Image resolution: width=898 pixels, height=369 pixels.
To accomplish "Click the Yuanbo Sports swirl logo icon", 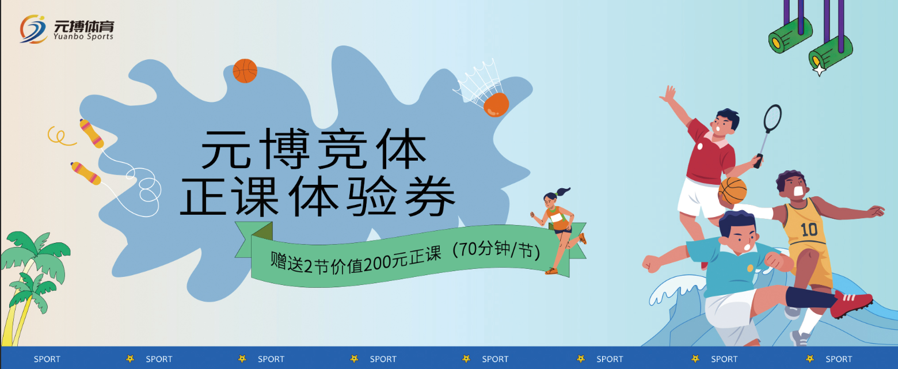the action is click(x=33, y=29).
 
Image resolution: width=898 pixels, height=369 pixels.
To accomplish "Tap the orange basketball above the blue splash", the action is click(x=245, y=71).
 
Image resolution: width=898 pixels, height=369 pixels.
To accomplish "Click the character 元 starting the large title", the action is click(x=226, y=149).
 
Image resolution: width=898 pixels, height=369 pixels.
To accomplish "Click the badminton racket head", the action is click(x=773, y=119).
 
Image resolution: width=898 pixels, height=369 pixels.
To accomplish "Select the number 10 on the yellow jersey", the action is click(x=809, y=230).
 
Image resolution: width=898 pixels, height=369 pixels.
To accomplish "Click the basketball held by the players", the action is click(x=732, y=191).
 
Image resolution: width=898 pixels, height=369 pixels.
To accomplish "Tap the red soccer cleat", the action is click(x=851, y=303).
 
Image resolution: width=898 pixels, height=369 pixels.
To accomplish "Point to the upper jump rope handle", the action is click(x=92, y=133).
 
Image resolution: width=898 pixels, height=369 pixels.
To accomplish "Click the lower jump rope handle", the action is click(x=86, y=173).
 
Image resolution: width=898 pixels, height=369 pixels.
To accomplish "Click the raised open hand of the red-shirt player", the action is click(x=668, y=95).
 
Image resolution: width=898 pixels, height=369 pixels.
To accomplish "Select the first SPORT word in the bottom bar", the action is click(x=47, y=359).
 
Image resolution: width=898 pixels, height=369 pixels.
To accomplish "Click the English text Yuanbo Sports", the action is click(x=83, y=36).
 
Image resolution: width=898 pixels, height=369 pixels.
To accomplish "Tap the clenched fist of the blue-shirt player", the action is click(x=651, y=263).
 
